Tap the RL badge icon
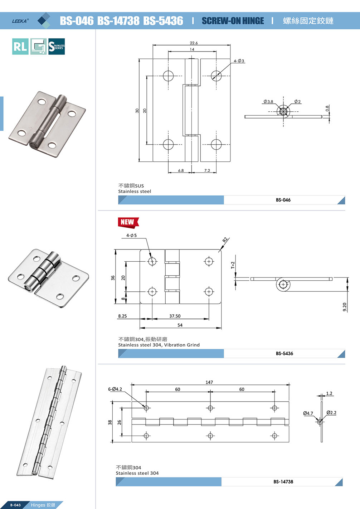point(20,47)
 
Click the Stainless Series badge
point(57,47)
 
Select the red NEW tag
point(128,222)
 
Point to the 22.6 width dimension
point(194,43)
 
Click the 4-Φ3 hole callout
point(239,61)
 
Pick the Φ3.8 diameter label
point(268,102)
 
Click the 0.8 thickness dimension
point(327,108)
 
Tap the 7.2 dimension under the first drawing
point(207,170)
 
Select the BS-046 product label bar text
point(283,200)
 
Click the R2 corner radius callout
point(225,240)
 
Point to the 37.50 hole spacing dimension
point(175,316)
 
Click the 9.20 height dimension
point(345,307)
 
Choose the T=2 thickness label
point(233,265)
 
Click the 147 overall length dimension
point(209,382)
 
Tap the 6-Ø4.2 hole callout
point(115,389)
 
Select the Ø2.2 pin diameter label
point(331,413)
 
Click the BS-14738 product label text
point(283,482)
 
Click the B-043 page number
point(15,505)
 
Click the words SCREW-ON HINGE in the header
point(233,21)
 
